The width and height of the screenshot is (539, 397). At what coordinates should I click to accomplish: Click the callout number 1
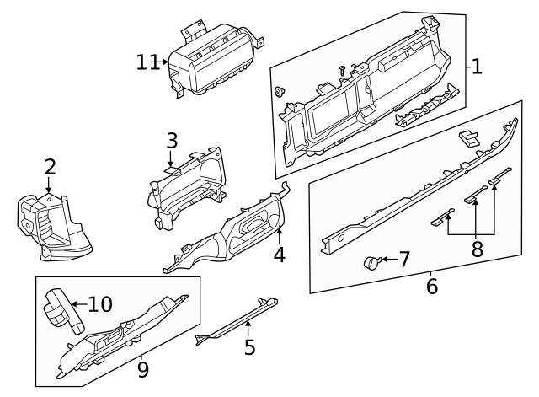click(x=477, y=67)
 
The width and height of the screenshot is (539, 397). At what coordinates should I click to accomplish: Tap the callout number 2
click(x=50, y=166)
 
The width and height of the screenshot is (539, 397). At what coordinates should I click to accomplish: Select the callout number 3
click(x=171, y=140)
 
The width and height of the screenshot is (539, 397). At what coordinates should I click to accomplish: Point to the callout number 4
click(x=279, y=254)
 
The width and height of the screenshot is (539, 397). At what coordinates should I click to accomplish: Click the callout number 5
click(x=249, y=346)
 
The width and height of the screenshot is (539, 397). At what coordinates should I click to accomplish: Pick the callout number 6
click(x=432, y=287)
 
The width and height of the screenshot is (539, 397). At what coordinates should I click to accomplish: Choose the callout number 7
click(x=404, y=259)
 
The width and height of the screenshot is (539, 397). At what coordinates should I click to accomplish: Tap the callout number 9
click(x=142, y=368)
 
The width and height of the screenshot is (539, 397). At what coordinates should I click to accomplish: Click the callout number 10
click(x=99, y=304)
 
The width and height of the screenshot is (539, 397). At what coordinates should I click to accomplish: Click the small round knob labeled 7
click(x=371, y=263)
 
